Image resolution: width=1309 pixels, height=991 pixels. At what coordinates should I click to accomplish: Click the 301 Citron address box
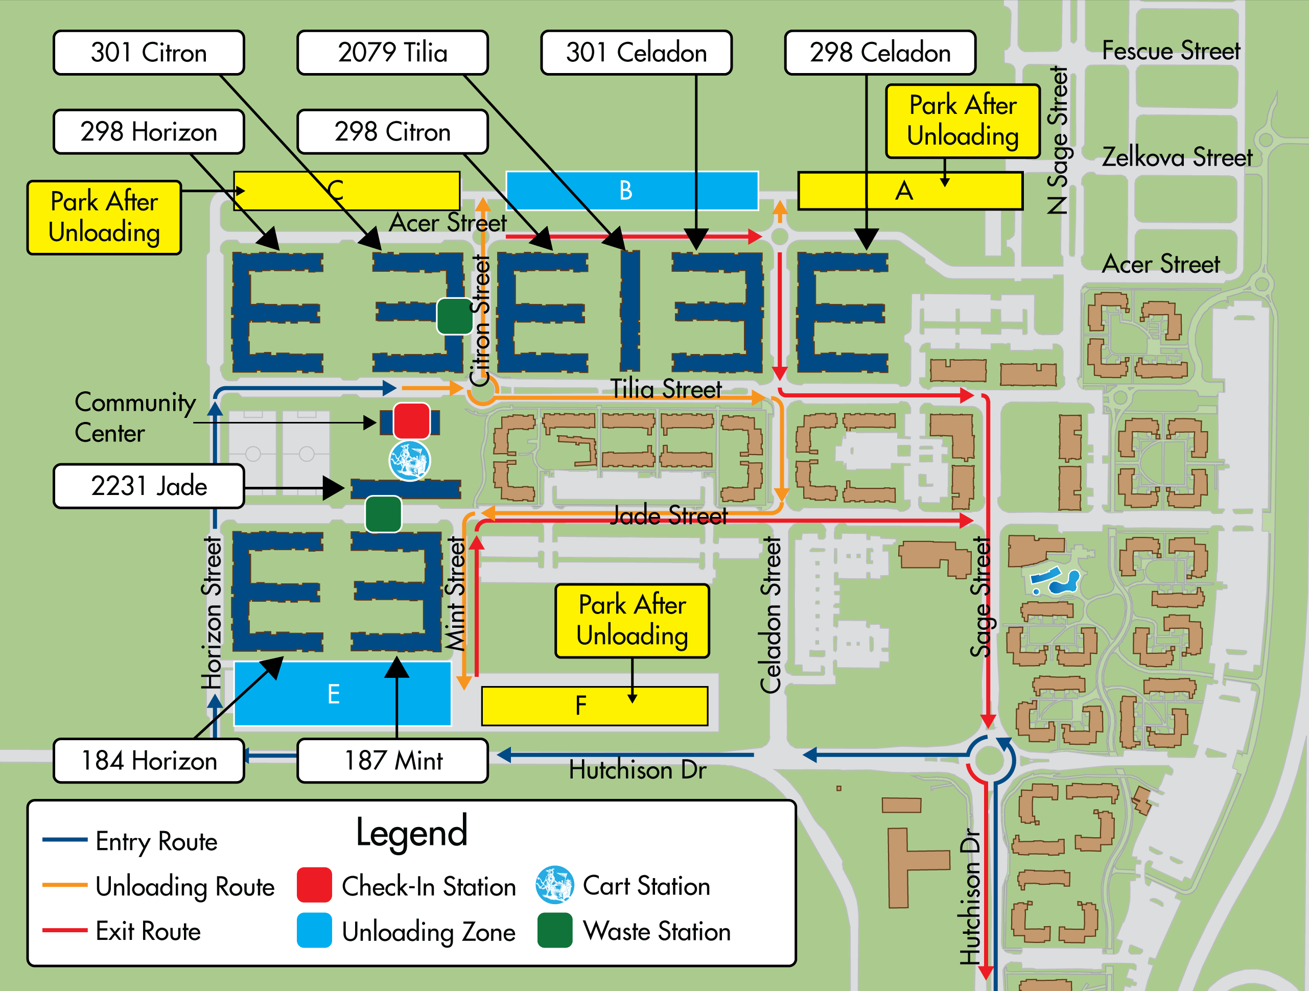149,53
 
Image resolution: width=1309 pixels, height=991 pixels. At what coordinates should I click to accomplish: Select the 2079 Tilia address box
392,53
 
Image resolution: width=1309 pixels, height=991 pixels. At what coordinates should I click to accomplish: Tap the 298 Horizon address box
149,131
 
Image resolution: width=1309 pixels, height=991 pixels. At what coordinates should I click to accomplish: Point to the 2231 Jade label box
149,486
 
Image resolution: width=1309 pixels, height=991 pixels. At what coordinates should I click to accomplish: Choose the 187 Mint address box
392,761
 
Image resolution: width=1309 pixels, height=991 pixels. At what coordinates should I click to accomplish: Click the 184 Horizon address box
149,761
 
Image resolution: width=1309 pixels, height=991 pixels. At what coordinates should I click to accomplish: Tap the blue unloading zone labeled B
632,191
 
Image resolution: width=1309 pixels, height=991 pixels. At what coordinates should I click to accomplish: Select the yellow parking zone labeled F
595,706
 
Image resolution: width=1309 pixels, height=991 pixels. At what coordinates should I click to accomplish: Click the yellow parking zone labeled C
347,191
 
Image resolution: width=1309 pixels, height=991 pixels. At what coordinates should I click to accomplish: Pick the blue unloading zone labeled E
343,693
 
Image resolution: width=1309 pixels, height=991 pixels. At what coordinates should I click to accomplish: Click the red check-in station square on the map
411,420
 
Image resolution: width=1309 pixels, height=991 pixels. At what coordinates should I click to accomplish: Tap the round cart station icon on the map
409,460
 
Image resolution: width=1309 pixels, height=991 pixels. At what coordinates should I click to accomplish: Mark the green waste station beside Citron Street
455,316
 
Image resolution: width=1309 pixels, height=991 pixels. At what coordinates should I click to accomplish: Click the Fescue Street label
1171,51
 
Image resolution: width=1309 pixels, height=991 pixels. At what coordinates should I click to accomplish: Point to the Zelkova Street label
1177,157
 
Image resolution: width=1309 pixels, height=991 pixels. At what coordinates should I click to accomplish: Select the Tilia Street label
666,389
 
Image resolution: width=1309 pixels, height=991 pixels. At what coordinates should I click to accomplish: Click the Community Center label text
135,417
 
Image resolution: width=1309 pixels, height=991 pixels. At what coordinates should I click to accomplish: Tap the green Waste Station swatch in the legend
554,931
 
